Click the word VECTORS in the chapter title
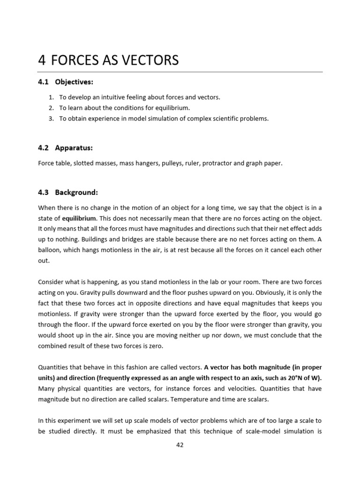149,60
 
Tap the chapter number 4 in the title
42,60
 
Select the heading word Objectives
74,82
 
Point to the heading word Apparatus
74,148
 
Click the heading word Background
76,192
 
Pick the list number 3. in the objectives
52,119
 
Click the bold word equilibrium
79,218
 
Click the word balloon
49,250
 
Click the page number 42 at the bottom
180,445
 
